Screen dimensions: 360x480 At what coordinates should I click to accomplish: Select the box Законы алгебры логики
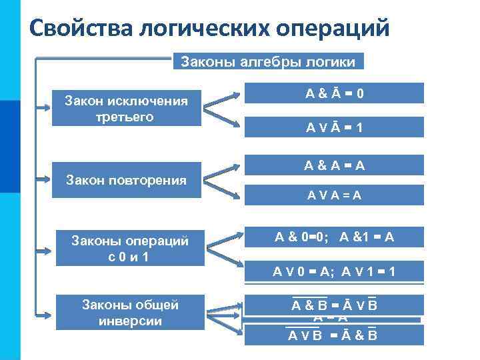[269, 62]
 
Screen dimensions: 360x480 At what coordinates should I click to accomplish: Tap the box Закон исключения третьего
[126, 109]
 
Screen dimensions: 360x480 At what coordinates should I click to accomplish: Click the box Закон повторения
[126, 180]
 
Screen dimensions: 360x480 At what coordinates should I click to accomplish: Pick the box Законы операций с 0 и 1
[131, 248]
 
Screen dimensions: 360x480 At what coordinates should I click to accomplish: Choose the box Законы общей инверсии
[131, 312]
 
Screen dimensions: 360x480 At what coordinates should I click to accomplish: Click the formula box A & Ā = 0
[334, 93]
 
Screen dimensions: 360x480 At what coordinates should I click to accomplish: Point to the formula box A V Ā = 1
[334, 127]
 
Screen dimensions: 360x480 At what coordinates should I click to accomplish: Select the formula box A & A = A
[334, 165]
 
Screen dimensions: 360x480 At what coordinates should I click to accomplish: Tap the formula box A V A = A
[334, 195]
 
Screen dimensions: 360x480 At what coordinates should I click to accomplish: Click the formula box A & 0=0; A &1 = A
[334, 236]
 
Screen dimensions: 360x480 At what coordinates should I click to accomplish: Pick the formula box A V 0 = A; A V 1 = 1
[334, 271]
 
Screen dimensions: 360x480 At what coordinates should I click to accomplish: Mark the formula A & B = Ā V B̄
[334, 305]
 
